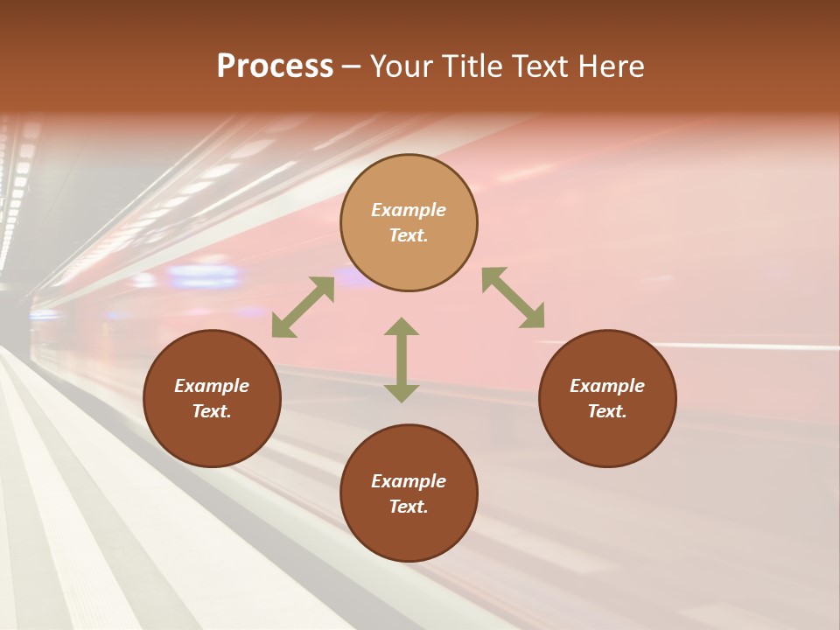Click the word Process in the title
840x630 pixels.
pyautogui.click(x=275, y=66)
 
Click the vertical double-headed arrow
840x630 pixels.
pyautogui.click(x=402, y=360)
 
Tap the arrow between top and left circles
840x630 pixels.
pyautogui.click(x=303, y=306)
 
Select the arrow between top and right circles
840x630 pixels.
pyautogui.click(x=514, y=297)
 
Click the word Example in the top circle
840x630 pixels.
pyautogui.click(x=409, y=210)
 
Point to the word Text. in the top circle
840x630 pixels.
pyautogui.click(x=409, y=235)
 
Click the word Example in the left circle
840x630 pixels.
pyautogui.click(x=212, y=386)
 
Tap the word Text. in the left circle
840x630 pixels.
pyautogui.click(x=212, y=411)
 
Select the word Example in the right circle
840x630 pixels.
pyautogui.click(x=607, y=386)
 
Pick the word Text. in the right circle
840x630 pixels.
pyautogui.click(x=607, y=411)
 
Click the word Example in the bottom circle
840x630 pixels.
pyautogui.click(x=409, y=481)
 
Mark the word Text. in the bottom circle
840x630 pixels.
pyautogui.click(x=409, y=507)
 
